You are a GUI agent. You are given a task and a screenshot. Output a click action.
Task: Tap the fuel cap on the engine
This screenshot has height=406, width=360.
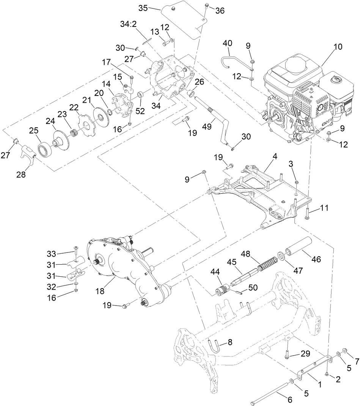pyautogui.click(x=335, y=81)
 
